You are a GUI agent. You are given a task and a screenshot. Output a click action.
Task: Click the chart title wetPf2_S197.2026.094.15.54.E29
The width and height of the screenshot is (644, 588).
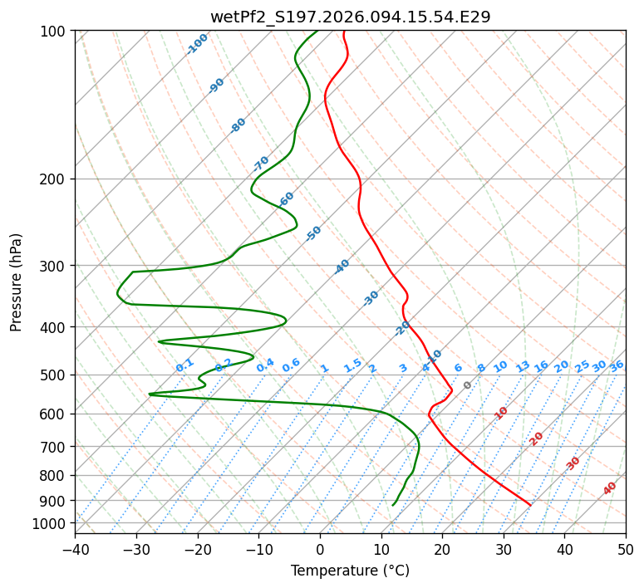350,17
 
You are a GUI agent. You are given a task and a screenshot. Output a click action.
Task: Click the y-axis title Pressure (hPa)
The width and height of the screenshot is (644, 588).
17,282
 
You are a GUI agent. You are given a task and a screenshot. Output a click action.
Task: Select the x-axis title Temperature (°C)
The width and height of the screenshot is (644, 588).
350,571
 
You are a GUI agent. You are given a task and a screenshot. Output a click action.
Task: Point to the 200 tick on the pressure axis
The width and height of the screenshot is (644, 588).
57,179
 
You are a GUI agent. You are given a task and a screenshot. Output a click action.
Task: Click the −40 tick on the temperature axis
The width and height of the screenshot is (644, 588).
75,550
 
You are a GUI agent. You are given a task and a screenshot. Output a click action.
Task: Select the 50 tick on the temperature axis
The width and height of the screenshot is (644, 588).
626,550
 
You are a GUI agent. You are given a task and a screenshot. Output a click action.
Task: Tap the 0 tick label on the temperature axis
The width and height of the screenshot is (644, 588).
320,550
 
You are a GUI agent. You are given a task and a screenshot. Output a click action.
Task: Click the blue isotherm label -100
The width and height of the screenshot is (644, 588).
198,43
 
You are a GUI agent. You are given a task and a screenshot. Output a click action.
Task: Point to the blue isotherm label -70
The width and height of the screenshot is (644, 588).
261,163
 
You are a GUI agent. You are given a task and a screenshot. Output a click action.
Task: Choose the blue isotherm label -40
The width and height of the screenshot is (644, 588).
342,267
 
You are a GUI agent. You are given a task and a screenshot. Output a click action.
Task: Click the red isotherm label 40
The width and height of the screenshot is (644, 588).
610,488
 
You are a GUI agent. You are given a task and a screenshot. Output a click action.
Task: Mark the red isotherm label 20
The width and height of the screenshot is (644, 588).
537,438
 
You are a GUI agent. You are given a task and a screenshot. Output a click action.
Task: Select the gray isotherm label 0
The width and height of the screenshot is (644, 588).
468,385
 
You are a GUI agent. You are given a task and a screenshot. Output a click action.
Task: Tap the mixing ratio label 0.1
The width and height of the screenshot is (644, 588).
185,365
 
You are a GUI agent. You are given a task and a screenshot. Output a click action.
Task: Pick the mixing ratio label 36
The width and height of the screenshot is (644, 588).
617,365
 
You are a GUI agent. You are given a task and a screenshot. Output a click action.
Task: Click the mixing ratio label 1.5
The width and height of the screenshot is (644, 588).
353,365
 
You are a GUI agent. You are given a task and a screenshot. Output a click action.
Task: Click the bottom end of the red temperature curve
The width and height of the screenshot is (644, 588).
530,504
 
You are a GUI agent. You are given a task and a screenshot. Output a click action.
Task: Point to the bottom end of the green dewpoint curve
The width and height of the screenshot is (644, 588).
393,504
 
